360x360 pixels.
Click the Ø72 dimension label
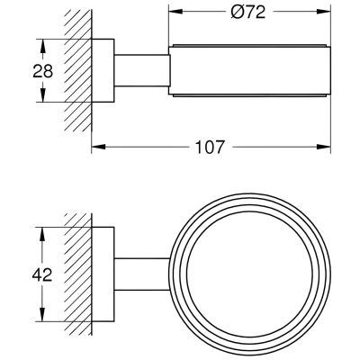pyautogui.click(x=248, y=13)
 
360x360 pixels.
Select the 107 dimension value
pyautogui.click(x=210, y=147)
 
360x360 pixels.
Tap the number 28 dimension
pyautogui.click(x=42, y=71)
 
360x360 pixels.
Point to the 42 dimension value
pyautogui.click(x=42, y=275)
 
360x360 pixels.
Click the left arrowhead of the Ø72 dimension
pyautogui.click(x=175, y=12)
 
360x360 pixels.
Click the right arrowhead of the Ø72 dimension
pyautogui.click(x=323, y=12)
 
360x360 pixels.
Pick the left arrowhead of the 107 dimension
pyautogui.click(x=99, y=147)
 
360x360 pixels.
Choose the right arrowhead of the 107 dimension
pyautogui.click(x=323, y=147)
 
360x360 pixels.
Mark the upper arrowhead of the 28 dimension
pyautogui.click(x=43, y=47)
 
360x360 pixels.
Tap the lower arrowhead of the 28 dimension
pyautogui.click(x=43, y=94)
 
